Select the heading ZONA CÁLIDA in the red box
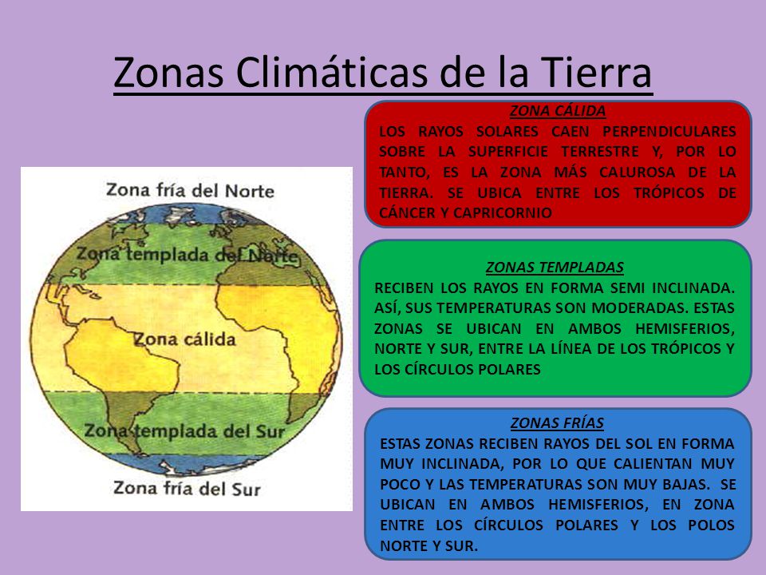[558, 111]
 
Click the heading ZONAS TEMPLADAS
[555, 267]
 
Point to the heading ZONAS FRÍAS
[557, 422]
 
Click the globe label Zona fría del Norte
[190, 190]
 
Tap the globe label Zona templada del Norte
[187, 256]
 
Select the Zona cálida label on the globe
[184, 339]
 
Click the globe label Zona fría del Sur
[187, 487]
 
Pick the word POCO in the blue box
[398, 484]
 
